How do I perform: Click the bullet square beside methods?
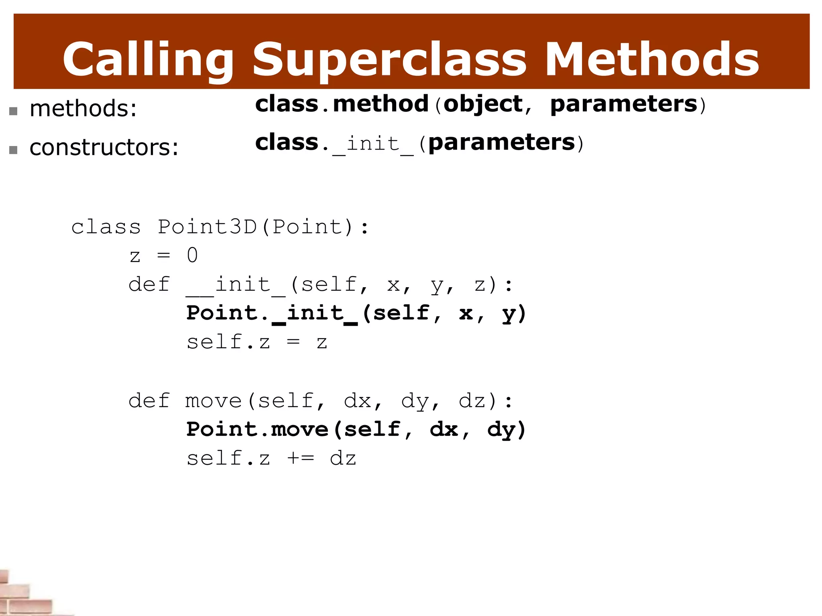(13, 111)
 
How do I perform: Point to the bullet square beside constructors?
(13, 150)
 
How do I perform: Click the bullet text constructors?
(104, 147)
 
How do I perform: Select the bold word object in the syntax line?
(483, 104)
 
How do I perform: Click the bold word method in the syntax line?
(380, 104)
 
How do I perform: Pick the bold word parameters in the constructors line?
(502, 142)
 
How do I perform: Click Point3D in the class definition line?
(207, 227)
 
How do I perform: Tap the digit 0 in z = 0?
(192, 255)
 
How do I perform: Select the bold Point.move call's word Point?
(222, 430)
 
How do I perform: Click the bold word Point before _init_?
(222, 313)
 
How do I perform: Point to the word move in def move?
(213, 401)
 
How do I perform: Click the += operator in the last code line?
(301, 458)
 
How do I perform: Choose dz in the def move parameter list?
(472, 401)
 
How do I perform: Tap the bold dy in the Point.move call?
(501, 430)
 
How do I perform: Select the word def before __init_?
(149, 285)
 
